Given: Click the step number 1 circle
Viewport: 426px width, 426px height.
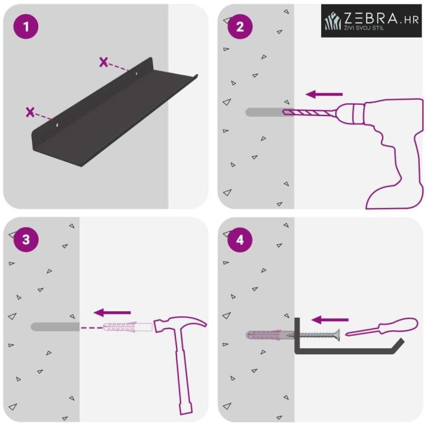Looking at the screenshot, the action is [x=26, y=27].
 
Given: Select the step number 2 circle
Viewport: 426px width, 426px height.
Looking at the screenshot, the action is [x=240, y=27].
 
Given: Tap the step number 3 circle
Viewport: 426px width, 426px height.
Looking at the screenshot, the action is [x=26, y=240].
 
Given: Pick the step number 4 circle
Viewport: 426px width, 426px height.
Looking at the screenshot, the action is [x=240, y=240].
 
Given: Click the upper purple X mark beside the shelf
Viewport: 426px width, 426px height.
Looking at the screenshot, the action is [x=104, y=62].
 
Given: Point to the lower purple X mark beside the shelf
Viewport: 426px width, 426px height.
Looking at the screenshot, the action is [x=30, y=112].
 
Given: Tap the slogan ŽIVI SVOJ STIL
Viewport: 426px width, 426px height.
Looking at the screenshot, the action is [x=364, y=28].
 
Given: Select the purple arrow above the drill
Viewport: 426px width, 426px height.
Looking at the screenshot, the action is [x=324, y=94].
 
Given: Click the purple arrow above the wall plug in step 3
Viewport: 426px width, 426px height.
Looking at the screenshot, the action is [x=112, y=312].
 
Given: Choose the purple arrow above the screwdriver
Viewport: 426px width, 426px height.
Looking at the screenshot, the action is [x=330, y=320].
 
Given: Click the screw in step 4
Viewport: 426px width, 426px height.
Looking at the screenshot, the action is [x=317, y=335].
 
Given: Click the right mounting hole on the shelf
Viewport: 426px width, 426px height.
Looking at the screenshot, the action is [x=137, y=73].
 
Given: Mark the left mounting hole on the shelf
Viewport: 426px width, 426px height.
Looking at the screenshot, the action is [x=57, y=125].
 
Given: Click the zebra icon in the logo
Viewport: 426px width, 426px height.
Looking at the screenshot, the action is [x=333, y=20].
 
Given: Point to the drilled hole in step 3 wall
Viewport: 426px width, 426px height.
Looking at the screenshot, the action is [x=55, y=327].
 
